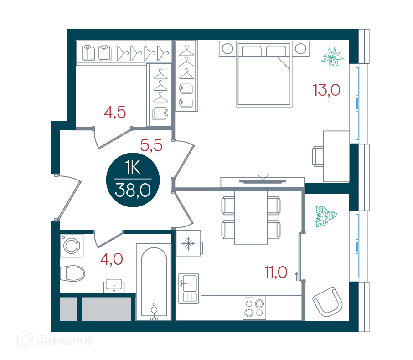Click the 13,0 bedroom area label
pyautogui.click(x=326, y=90)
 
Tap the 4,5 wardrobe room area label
pyautogui.click(x=115, y=113)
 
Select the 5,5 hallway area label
pyautogui.click(x=151, y=146)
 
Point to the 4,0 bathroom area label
pyautogui.click(x=112, y=259)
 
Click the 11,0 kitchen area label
pyautogui.click(x=276, y=273)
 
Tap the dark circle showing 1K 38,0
pyautogui.click(x=133, y=180)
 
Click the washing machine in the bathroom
pyautogui.click(x=72, y=246)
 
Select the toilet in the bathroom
pyautogui.click(x=72, y=273)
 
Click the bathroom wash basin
pyautogui.click(x=114, y=286)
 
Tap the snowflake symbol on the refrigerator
pyautogui.click(x=188, y=243)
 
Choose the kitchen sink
pyautogui.click(x=188, y=288)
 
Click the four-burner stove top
pyautogui.click(x=254, y=308)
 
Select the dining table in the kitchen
pyautogui.click(x=251, y=217)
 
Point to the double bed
pyautogui.click(x=264, y=74)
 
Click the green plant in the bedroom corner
pyautogui.click(x=332, y=57)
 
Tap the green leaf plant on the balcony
pyautogui.click(x=326, y=216)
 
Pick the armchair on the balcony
pyautogui.click(x=327, y=302)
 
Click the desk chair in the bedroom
pyautogui.click(x=318, y=156)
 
